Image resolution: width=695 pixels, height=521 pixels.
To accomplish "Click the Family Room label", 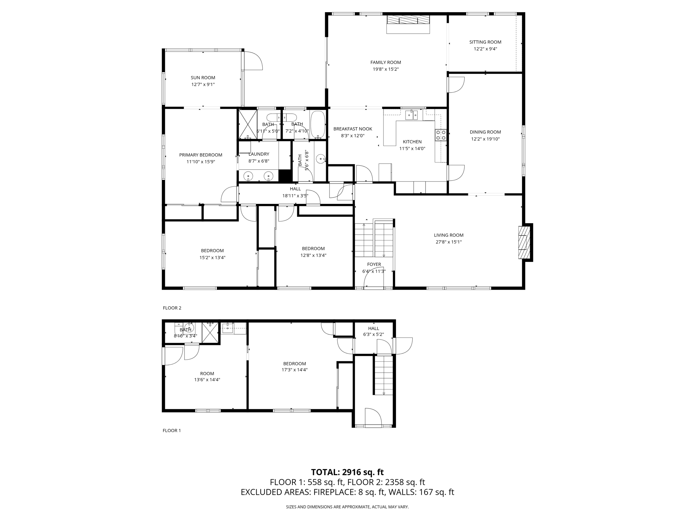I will [386, 62].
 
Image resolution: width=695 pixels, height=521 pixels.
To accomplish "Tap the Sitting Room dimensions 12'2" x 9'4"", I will [485, 49].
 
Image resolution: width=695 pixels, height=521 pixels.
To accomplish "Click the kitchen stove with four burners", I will [440, 135].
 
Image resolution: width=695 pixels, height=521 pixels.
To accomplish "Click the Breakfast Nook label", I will [353, 129].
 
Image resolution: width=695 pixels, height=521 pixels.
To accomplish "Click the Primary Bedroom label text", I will [201, 155].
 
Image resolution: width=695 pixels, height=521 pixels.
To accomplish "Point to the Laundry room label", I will [259, 154].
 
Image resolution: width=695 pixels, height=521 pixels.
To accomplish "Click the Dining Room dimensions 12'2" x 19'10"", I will [485, 139].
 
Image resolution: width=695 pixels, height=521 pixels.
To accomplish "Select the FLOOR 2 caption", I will [172, 308].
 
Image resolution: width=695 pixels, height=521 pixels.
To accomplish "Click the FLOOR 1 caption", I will [172, 430].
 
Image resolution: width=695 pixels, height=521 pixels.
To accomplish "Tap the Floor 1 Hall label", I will [374, 328].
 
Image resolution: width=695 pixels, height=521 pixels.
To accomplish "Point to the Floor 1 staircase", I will [383, 375].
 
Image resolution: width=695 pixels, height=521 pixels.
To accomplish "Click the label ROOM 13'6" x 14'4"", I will [207, 377].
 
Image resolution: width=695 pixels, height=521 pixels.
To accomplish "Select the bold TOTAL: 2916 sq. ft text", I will [347, 472].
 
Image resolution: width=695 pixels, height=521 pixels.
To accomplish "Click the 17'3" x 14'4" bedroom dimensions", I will [295, 370].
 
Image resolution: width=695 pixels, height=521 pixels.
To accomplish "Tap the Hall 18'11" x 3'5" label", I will [295, 192].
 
